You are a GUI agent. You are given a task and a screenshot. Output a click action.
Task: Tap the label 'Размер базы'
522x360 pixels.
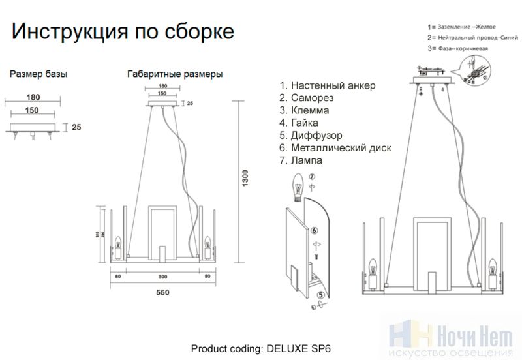38,74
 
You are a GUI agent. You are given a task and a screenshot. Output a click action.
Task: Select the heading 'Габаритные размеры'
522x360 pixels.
175,74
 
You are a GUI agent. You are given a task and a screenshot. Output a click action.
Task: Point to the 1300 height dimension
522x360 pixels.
245,179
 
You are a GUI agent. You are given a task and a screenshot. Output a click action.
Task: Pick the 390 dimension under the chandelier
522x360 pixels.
161,277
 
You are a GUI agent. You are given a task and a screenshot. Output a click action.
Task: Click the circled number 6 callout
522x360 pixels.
315,230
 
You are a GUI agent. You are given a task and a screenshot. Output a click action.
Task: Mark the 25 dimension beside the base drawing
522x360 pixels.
76,127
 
